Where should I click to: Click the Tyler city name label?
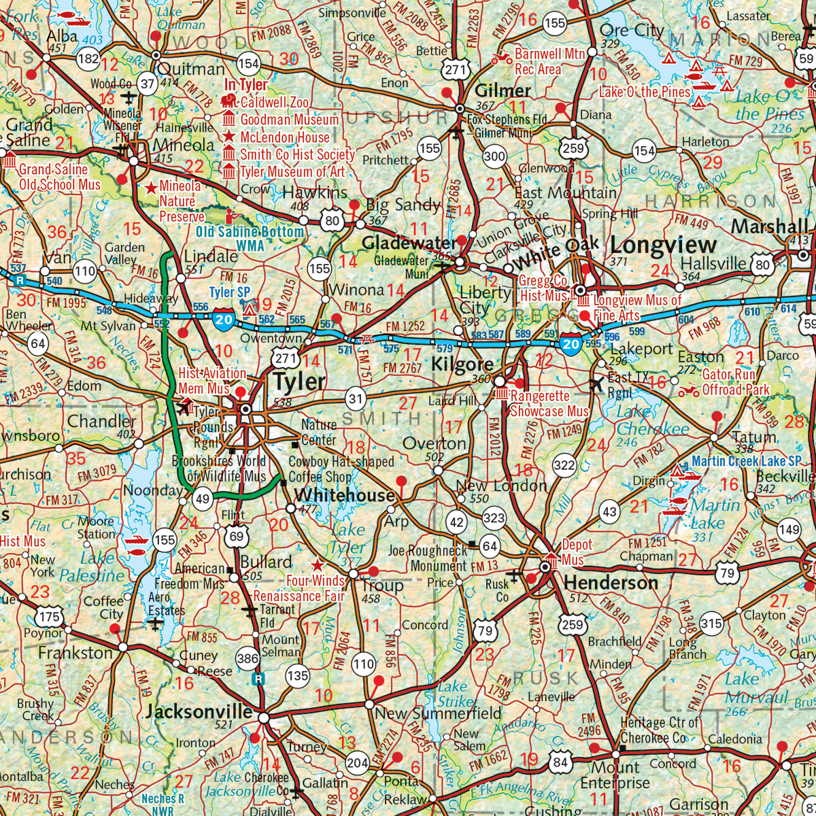[299, 382]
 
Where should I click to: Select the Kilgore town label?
[462, 365]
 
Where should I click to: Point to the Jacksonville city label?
[199, 712]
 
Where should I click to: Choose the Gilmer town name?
[503, 90]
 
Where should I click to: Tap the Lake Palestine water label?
[92, 567]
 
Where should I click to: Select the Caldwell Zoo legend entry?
[275, 102]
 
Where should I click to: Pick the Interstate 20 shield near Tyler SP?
[224, 318]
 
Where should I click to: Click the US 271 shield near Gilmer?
[456, 69]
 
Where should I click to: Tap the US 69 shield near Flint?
[236, 535]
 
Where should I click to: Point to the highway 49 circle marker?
[202, 499]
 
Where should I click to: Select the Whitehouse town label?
[344, 495]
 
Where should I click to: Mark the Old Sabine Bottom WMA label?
[250, 238]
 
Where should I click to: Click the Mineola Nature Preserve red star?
[150, 186]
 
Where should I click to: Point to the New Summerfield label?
[438, 713]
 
